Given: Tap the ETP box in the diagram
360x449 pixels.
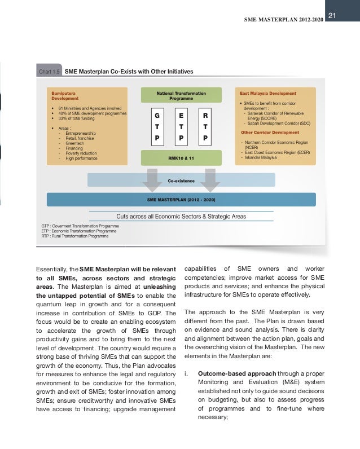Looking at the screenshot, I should point(181,125).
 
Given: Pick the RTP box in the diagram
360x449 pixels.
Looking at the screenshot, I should point(205,125).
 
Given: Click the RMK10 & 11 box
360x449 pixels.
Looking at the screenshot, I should point(181,158).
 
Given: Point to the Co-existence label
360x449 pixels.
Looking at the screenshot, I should point(181,181).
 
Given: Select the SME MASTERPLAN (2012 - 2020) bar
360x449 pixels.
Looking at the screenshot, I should point(181,199).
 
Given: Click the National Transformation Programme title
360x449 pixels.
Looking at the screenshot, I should point(181,94).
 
